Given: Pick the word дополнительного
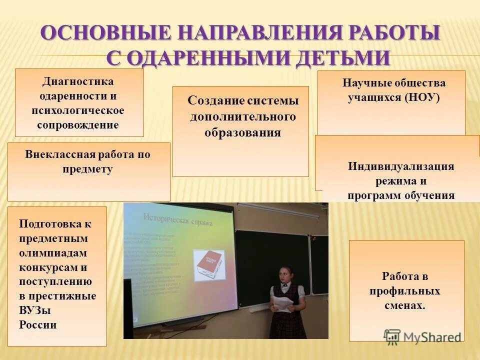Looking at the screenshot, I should point(242,116).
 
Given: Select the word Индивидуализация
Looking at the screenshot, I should point(401,166).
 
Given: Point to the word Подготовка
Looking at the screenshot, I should point(55,223).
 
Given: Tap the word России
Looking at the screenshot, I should point(38,324).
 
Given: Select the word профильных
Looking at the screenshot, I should point(405,290).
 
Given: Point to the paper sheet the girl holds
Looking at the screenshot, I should point(282,303).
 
